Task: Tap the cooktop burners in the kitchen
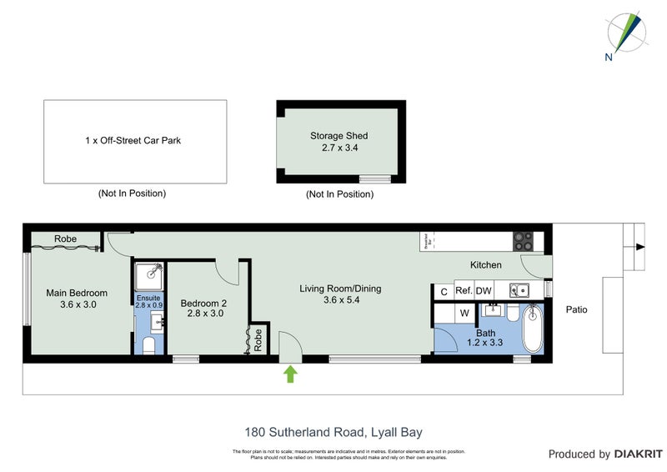coord(523,241)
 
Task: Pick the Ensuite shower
coord(148,273)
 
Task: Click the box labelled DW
coord(484,291)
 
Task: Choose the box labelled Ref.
coord(463,291)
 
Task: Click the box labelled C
coord(443,291)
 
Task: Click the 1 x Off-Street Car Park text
coord(133,140)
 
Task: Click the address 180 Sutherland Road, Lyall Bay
coord(333,432)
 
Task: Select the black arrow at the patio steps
coord(639,247)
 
